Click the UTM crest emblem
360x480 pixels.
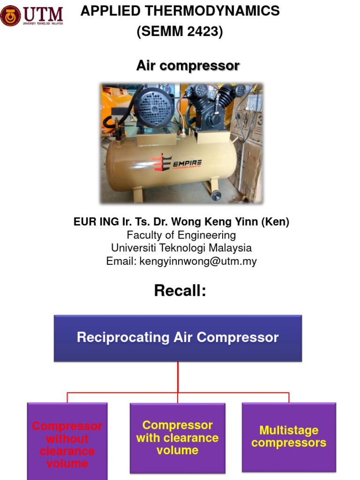[x=10, y=15]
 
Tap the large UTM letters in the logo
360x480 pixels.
[x=42, y=12]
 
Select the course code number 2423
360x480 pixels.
[x=202, y=32]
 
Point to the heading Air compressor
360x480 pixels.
[x=187, y=66]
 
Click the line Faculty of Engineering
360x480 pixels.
[x=181, y=235]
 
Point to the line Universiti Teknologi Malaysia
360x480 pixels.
[x=181, y=248]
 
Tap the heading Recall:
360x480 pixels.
[x=180, y=291]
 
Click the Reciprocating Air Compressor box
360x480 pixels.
[x=178, y=337]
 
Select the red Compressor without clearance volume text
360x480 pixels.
[x=67, y=444]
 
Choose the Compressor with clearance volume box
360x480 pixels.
[x=177, y=437]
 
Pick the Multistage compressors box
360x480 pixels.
[x=289, y=436]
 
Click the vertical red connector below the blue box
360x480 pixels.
[x=178, y=376]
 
